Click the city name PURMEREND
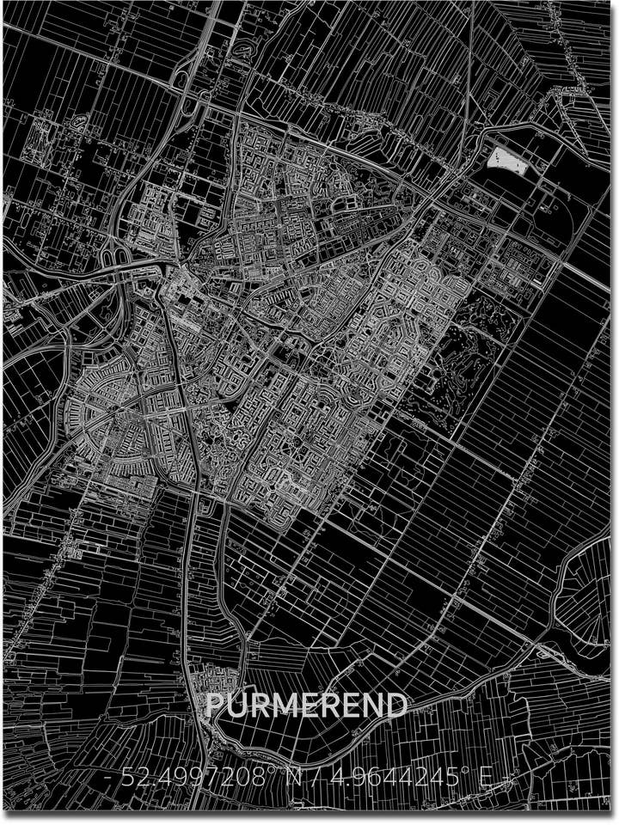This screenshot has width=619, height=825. click(x=306, y=706)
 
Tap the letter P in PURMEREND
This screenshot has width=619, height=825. click(x=216, y=706)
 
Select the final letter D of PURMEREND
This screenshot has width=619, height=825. click(x=395, y=706)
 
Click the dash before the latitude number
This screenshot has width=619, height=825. click(x=109, y=779)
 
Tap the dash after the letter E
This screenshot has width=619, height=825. click(x=506, y=779)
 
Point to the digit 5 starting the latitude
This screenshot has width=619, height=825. click(x=127, y=779)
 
